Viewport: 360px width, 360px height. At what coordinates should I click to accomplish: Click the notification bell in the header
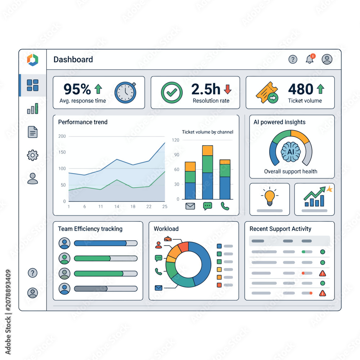[310, 59]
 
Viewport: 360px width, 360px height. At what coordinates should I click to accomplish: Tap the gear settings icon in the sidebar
[33, 155]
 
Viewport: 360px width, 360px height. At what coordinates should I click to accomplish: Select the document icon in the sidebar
[33, 132]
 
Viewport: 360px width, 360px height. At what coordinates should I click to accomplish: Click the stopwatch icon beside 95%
[125, 92]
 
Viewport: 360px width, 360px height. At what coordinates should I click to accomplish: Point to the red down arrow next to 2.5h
[228, 89]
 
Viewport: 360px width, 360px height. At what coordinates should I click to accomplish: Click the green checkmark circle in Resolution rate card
[172, 93]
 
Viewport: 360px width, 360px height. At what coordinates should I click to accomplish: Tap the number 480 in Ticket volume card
[301, 89]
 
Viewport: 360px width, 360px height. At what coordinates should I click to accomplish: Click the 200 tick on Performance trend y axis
[62, 136]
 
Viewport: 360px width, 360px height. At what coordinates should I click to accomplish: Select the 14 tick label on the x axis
[117, 206]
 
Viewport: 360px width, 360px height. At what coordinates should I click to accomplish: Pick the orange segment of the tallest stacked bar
[208, 150]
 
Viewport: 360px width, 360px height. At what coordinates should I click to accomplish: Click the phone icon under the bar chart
[225, 206]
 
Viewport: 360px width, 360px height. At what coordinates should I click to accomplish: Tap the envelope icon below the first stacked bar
[190, 206]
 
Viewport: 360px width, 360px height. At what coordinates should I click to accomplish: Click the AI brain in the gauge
[291, 152]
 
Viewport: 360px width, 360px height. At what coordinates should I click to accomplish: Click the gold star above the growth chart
[329, 189]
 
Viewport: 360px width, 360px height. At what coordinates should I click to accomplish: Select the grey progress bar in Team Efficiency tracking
[105, 289]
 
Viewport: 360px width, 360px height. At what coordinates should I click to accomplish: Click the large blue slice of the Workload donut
[202, 262]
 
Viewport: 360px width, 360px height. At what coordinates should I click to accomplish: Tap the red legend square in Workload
[219, 285]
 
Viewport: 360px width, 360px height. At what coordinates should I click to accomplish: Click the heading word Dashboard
[73, 59]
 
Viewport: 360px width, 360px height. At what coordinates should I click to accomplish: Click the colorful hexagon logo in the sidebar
[33, 60]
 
